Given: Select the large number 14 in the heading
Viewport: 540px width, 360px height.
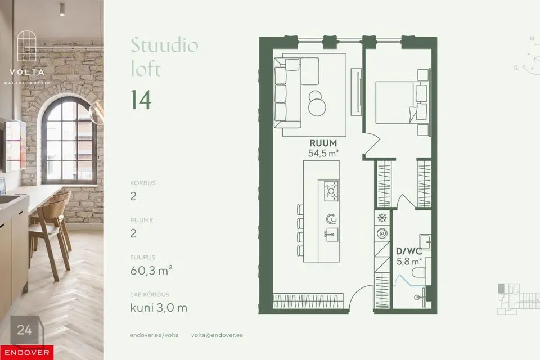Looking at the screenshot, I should [x=141, y=100].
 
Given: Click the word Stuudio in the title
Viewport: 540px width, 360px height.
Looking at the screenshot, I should [x=164, y=45].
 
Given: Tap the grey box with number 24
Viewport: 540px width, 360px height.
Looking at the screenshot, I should [x=25, y=330].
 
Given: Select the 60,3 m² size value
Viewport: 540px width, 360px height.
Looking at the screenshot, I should [x=151, y=272].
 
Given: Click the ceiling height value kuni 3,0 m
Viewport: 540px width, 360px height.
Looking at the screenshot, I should [x=159, y=307].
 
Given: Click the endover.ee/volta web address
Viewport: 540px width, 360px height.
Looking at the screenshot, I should [x=154, y=335].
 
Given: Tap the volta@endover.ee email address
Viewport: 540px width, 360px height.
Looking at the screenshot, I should [x=217, y=335].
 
